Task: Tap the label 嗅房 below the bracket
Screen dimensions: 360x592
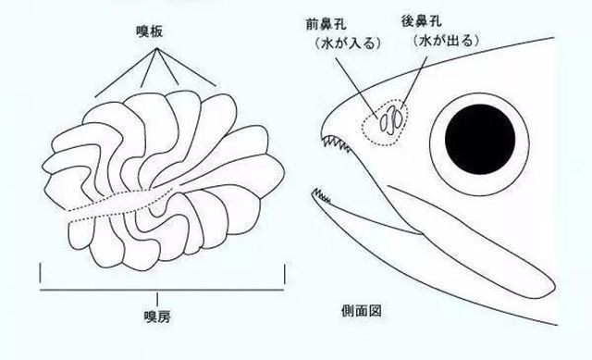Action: tap(158, 316)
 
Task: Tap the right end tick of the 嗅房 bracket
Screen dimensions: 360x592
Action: tap(285, 275)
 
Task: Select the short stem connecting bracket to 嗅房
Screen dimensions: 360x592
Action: tap(158, 297)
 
